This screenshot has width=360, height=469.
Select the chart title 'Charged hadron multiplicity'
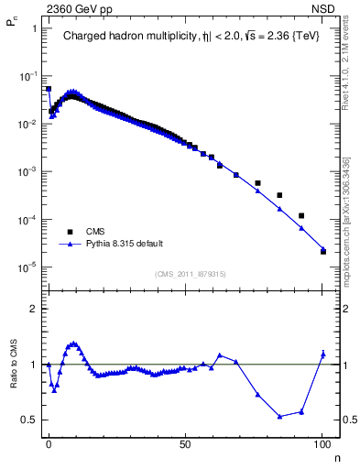127,38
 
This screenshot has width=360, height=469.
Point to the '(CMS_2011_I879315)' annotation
192,274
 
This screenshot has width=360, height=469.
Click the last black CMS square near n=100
323,251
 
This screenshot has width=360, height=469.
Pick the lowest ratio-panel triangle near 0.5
279,417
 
